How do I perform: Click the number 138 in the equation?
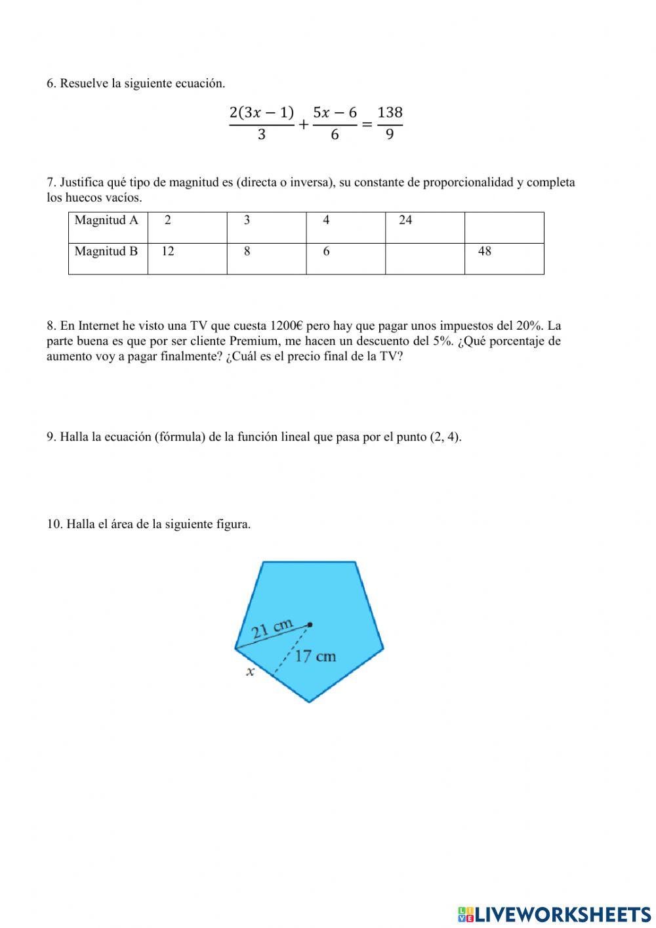390,112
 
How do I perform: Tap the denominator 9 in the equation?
390,135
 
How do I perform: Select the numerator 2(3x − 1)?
262,112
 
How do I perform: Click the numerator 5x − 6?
335,112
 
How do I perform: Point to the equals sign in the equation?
367,124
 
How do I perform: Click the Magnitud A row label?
107,221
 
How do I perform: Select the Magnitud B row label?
106,252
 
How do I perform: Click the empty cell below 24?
424,258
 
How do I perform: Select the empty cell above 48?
504,227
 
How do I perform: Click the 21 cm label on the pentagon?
272,628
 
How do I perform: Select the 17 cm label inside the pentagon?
315,656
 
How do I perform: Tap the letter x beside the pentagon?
250,672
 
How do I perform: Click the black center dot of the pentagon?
310,625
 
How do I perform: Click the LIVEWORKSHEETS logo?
554,914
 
